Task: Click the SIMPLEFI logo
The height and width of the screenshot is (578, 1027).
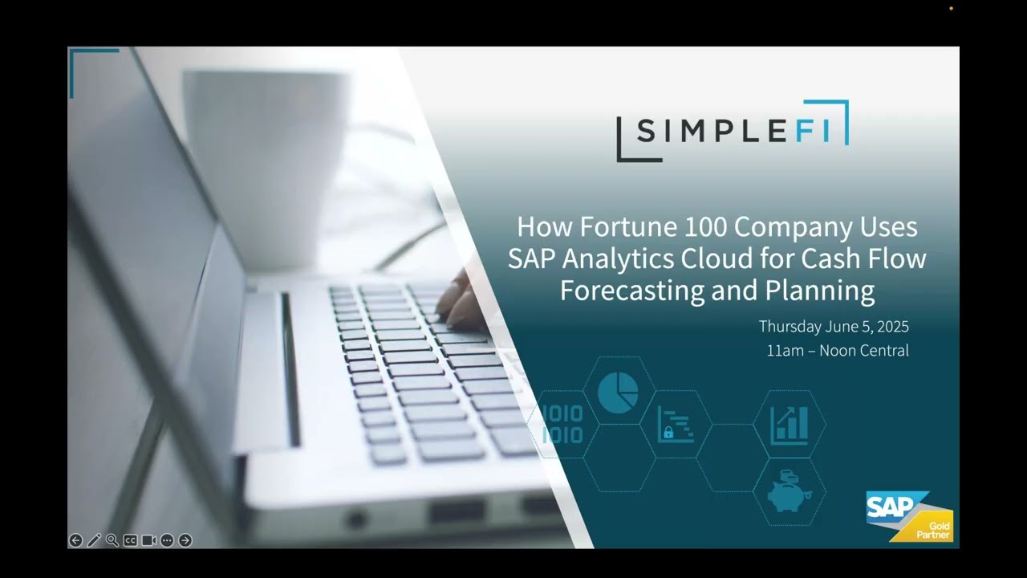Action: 732,131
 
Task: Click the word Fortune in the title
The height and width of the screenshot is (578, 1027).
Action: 615,227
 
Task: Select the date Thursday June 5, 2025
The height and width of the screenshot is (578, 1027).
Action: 834,327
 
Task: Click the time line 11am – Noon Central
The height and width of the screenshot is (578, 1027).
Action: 838,351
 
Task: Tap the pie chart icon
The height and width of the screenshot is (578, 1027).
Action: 618,392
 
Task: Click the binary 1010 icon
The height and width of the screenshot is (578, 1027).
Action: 562,425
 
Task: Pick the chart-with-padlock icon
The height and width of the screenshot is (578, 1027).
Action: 676,424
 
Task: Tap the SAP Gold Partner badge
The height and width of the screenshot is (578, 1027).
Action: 909,515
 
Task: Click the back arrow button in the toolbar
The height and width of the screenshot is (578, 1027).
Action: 75,540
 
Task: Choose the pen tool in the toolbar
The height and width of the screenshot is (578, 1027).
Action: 94,540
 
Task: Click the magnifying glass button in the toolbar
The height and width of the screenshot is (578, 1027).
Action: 112,540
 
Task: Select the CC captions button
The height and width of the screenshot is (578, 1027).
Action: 130,540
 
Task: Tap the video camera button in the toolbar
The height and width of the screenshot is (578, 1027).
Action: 148,540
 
